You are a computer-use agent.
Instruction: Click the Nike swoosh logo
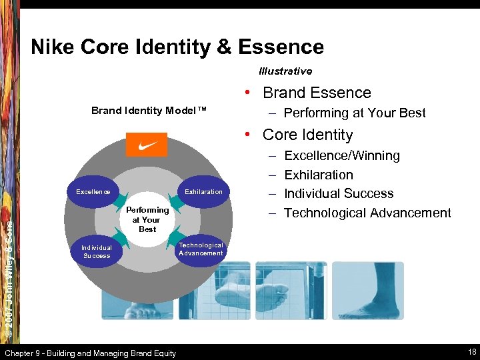(x=147, y=145)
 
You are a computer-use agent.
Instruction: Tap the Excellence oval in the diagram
(x=93, y=192)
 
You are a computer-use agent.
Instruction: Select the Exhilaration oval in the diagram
(x=203, y=192)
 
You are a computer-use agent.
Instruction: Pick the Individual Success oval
(x=97, y=251)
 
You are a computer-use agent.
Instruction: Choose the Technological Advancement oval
(x=201, y=249)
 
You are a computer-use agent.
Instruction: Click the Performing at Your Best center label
(x=147, y=219)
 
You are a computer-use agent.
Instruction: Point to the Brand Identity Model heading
(x=149, y=111)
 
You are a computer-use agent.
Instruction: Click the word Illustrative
(x=285, y=71)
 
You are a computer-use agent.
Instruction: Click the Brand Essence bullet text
(x=317, y=93)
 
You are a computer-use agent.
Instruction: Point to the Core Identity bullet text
(x=307, y=135)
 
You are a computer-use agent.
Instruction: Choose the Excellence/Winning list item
(x=342, y=156)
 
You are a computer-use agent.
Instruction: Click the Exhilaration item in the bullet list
(x=319, y=175)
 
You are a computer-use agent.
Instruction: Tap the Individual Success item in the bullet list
(x=339, y=194)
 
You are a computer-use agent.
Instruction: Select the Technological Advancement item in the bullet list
(x=367, y=213)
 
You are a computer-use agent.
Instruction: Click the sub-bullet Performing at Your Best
(x=355, y=113)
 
